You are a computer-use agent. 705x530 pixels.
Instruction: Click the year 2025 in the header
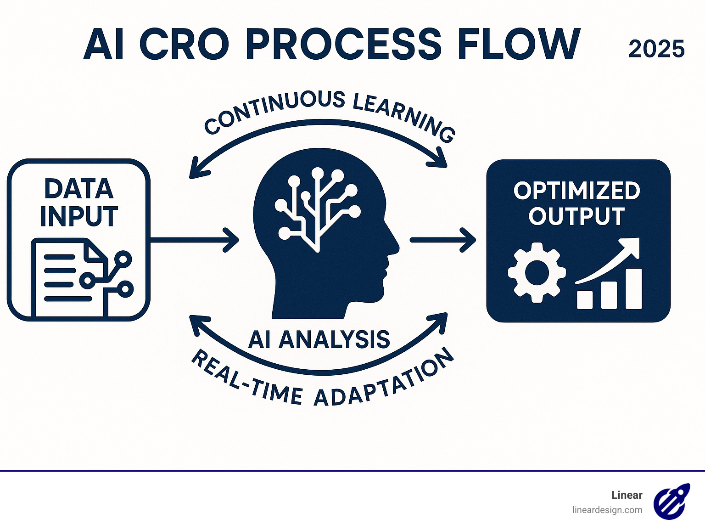[656, 49]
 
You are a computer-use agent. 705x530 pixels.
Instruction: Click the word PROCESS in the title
[343, 44]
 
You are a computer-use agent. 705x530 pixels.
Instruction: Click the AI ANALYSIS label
[319, 340]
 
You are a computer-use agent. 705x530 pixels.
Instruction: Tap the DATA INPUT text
[79, 202]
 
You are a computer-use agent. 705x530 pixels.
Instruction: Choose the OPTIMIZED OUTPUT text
[577, 203]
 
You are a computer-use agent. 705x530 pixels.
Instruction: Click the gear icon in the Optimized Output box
[537, 272]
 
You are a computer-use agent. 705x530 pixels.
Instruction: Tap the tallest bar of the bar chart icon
[633, 289]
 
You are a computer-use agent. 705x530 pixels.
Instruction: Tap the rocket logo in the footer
[671, 501]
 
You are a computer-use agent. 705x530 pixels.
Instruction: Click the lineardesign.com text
[607, 510]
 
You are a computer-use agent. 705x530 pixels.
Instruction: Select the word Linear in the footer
[627, 495]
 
